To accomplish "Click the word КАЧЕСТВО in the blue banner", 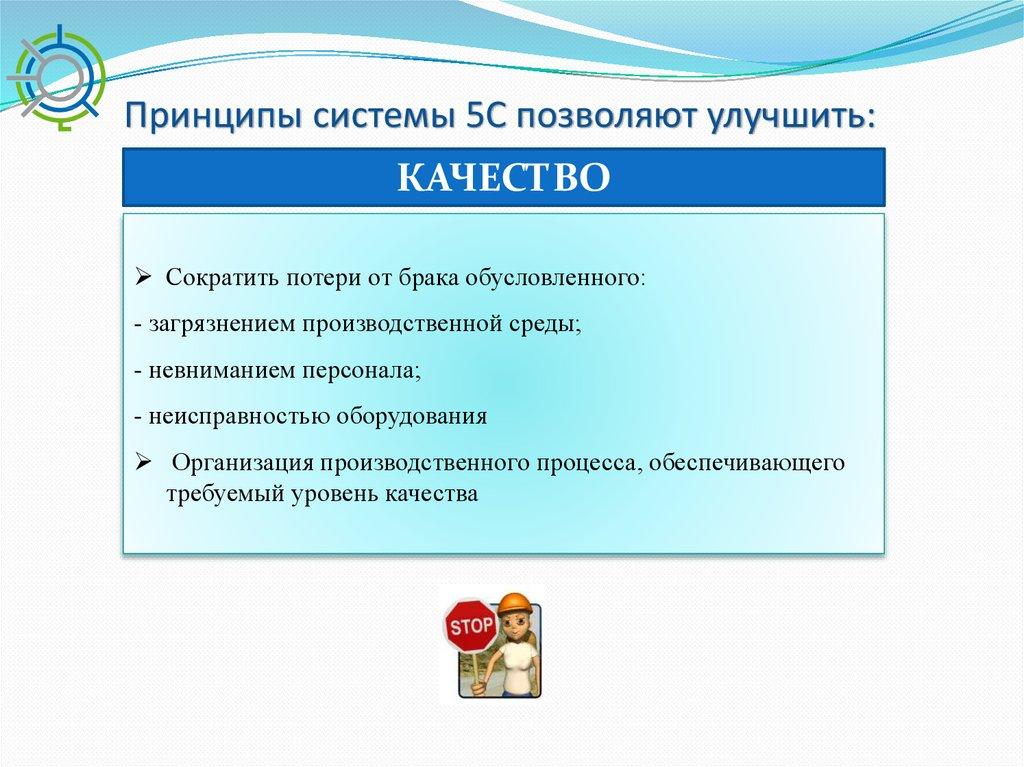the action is (504, 177).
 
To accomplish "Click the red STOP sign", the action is (470, 626).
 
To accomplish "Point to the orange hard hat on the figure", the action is (515, 605).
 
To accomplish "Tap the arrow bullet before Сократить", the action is (143, 278).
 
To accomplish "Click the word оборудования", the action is (411, 417).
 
